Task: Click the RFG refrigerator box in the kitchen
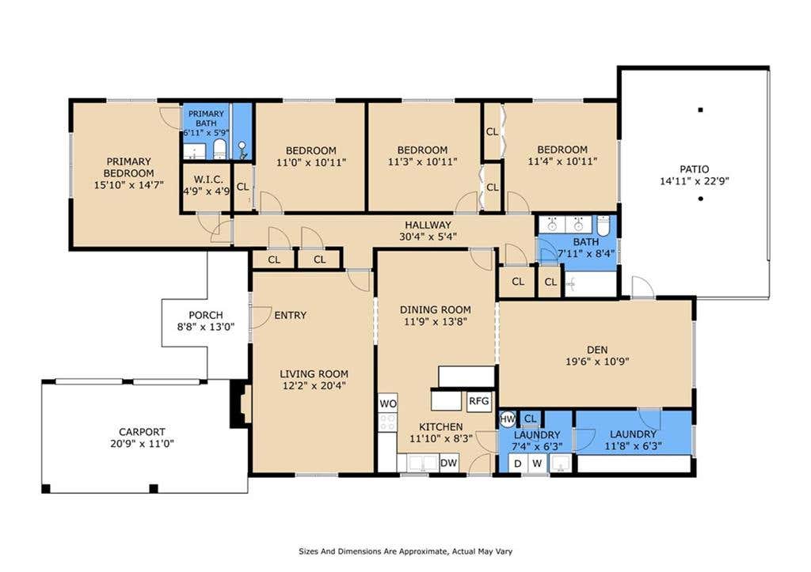coord(479,401)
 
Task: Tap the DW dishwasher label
coord(448,463)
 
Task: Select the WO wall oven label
coord(388,403)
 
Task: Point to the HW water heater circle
coord(508,419)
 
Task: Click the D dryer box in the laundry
coord(518,464)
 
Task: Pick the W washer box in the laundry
coord(537,464)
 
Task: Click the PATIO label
coord(694,169)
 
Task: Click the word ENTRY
coord(290,315)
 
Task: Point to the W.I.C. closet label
coord(208,180)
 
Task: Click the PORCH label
coord(206,315)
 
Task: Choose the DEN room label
coord(597,350)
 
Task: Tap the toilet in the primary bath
coord(220,149)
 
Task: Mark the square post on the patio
coord(700,109)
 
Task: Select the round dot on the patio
coord(700,199)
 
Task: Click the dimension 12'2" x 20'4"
coord(313,385)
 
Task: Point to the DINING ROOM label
coord(436,309)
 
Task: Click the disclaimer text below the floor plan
coord(405,551)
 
